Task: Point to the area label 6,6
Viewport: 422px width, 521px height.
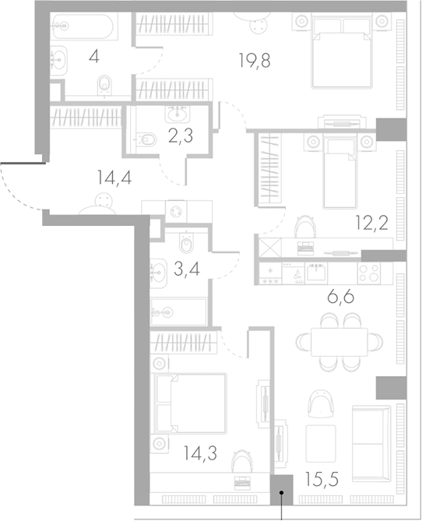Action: pyautogui.click(x=338, y=296)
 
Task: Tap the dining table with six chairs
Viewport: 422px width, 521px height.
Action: pyautogui.click(x=339, y=341)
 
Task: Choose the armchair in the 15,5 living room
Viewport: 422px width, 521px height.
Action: pyautogui.click(x=320, y=403)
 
